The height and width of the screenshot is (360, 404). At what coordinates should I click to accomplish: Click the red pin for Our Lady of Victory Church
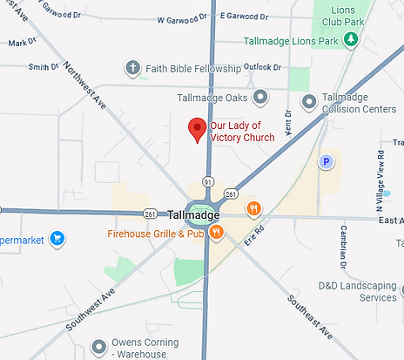point(197,129)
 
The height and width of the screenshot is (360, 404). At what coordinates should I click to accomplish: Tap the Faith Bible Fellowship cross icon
point(132,67)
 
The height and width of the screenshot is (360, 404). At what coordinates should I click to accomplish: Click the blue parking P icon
point(327,161)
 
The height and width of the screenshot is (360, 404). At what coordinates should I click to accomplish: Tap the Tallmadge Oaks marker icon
point(259,97)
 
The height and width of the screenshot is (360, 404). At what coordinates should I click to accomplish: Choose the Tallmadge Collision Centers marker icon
point(308,103)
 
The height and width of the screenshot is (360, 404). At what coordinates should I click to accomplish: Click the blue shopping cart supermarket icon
point(57,237)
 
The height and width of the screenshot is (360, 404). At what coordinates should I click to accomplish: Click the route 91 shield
point(208,181)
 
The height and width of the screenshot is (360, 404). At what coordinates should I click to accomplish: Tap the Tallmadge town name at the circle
point(193,214)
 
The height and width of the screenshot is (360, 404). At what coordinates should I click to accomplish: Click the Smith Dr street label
point(40,67)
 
